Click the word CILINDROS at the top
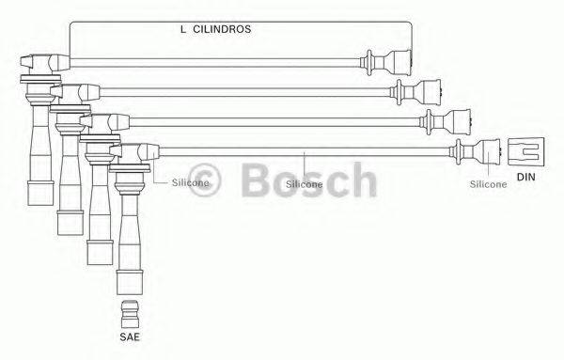click(x=222, y=29)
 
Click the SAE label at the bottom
click(x=131, y=336)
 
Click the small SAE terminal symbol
click(x=132, y=311)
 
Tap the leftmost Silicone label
click(x=190, y=182)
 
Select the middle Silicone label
click(x=305, y=184)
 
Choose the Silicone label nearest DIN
click(x=489, y=184)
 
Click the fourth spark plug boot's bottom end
click(x=125, y=283)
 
